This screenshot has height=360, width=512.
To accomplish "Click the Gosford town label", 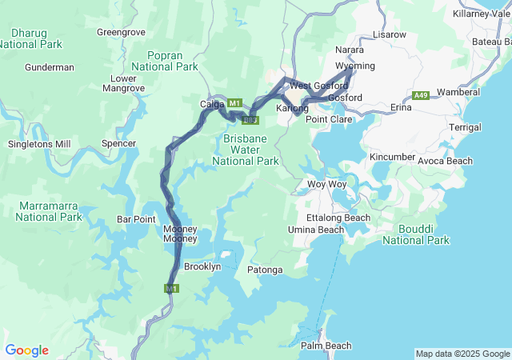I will click(x=346, y=98).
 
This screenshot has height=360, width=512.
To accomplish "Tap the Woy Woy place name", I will click(x=326, y=184).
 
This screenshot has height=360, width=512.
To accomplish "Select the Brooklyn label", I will click(x=202, y=266).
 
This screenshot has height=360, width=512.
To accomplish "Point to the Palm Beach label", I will click(x=326, y=346).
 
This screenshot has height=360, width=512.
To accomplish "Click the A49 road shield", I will click(x=422, y=96).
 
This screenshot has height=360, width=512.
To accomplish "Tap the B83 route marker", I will click(x=250, y=120).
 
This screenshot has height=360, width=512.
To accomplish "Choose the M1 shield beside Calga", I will click(x=234, y=104).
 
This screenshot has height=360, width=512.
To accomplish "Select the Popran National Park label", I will click(x=164, y=61).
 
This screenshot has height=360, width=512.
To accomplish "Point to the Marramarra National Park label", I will click(x=50, y=211).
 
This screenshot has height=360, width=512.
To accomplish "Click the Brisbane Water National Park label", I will click(x=246, y=150).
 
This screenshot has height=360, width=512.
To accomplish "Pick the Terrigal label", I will click(x=466, y=127).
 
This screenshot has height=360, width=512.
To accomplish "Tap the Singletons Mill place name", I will click(x=39, y=144).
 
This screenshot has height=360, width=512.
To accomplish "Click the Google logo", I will click(x=26, y=350).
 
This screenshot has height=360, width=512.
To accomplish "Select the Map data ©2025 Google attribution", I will click(x=462, y=354).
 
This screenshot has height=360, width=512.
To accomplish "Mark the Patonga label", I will click(x=265, y=270).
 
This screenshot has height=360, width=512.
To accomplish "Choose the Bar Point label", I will click(x=136, y=218).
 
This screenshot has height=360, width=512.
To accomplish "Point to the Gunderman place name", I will click(x=50, y=68).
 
